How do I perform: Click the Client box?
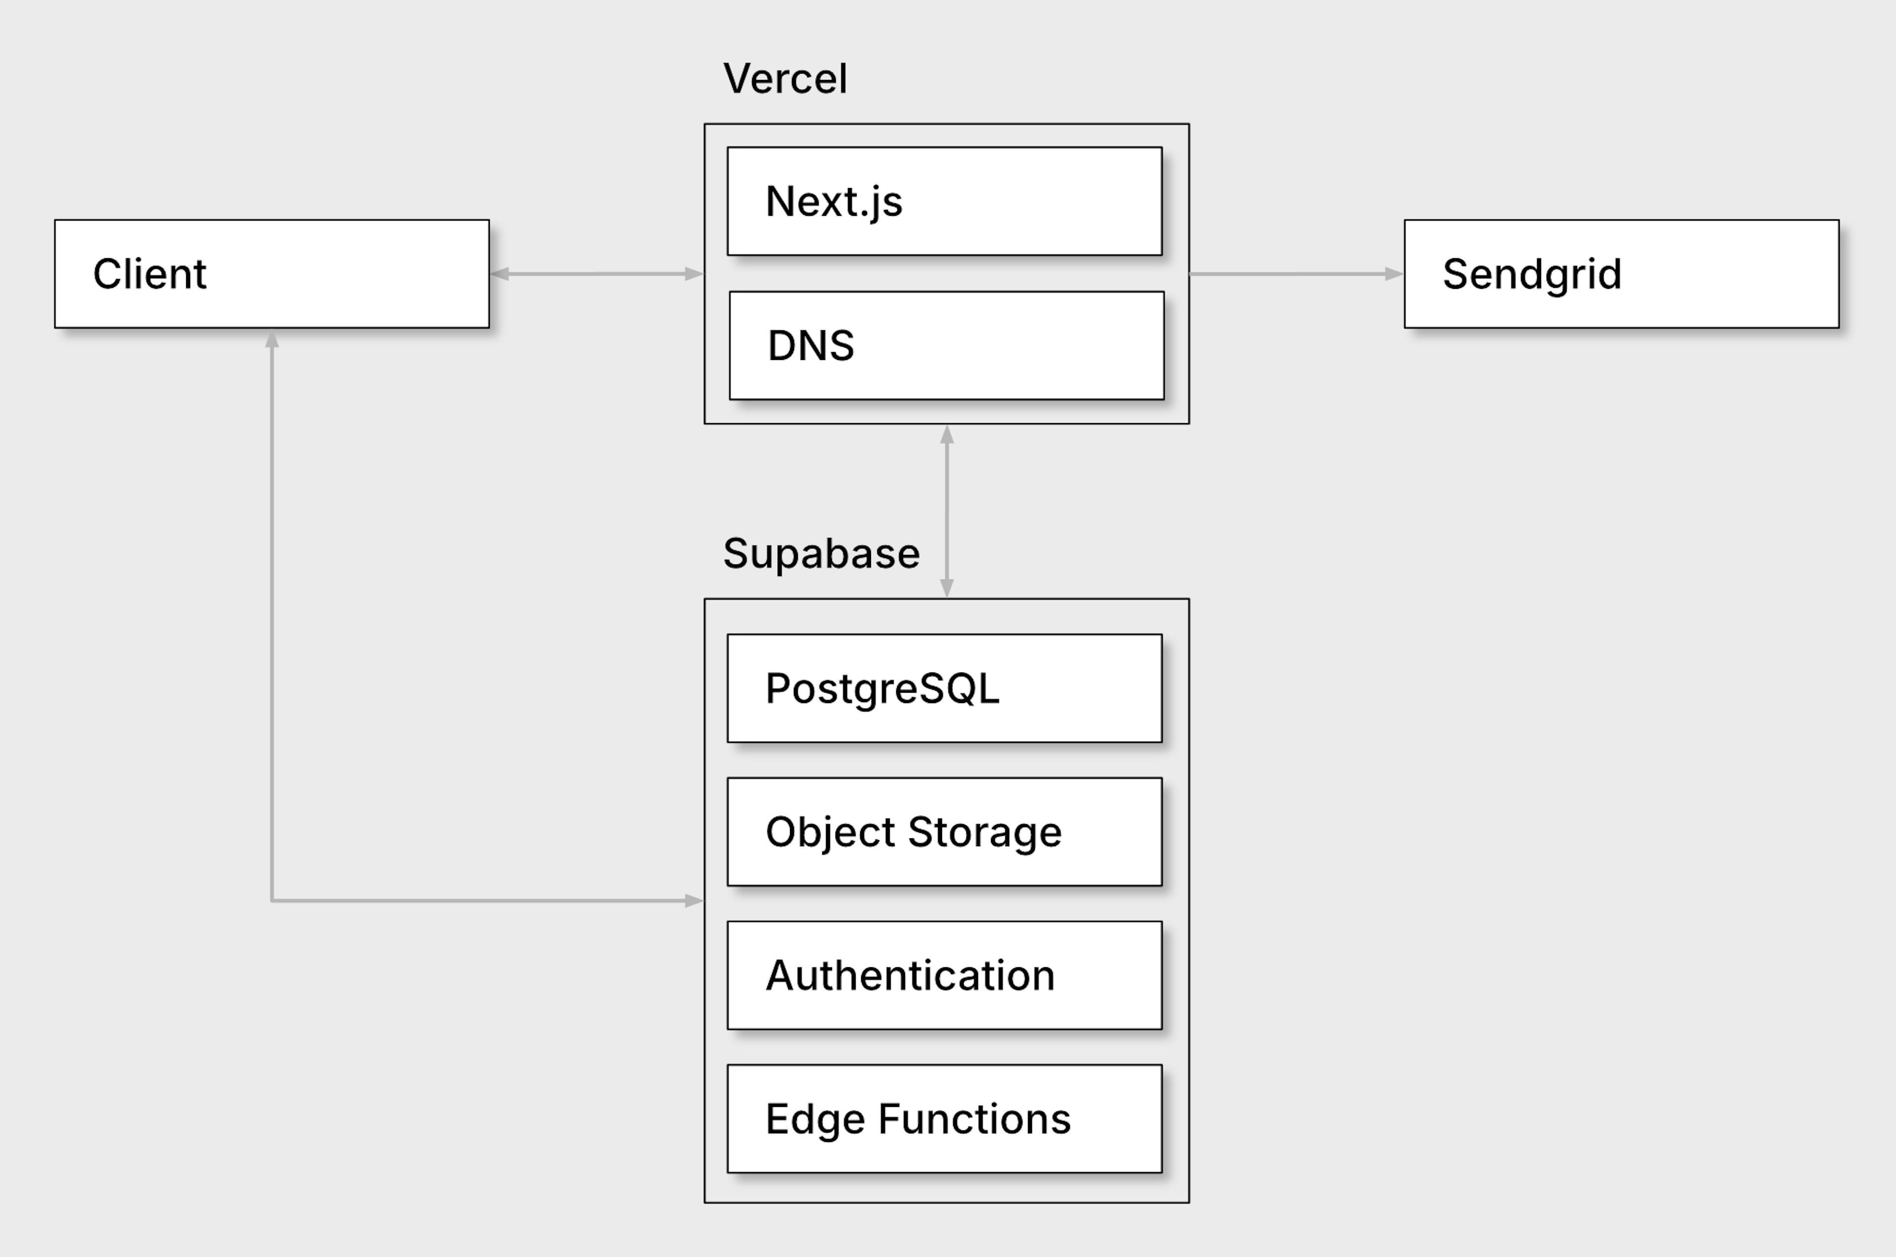click(272, 274)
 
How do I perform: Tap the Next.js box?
click(945, 201)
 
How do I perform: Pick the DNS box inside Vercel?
click(947, 346)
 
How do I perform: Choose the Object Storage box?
click(945, 832)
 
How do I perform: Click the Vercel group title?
click(785, 79)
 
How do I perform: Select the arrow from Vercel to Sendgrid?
click(1296, 274)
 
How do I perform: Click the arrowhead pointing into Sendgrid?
click(1394, 274)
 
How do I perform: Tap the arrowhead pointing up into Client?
click(272, 339)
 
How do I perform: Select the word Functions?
click(974, 1119)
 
